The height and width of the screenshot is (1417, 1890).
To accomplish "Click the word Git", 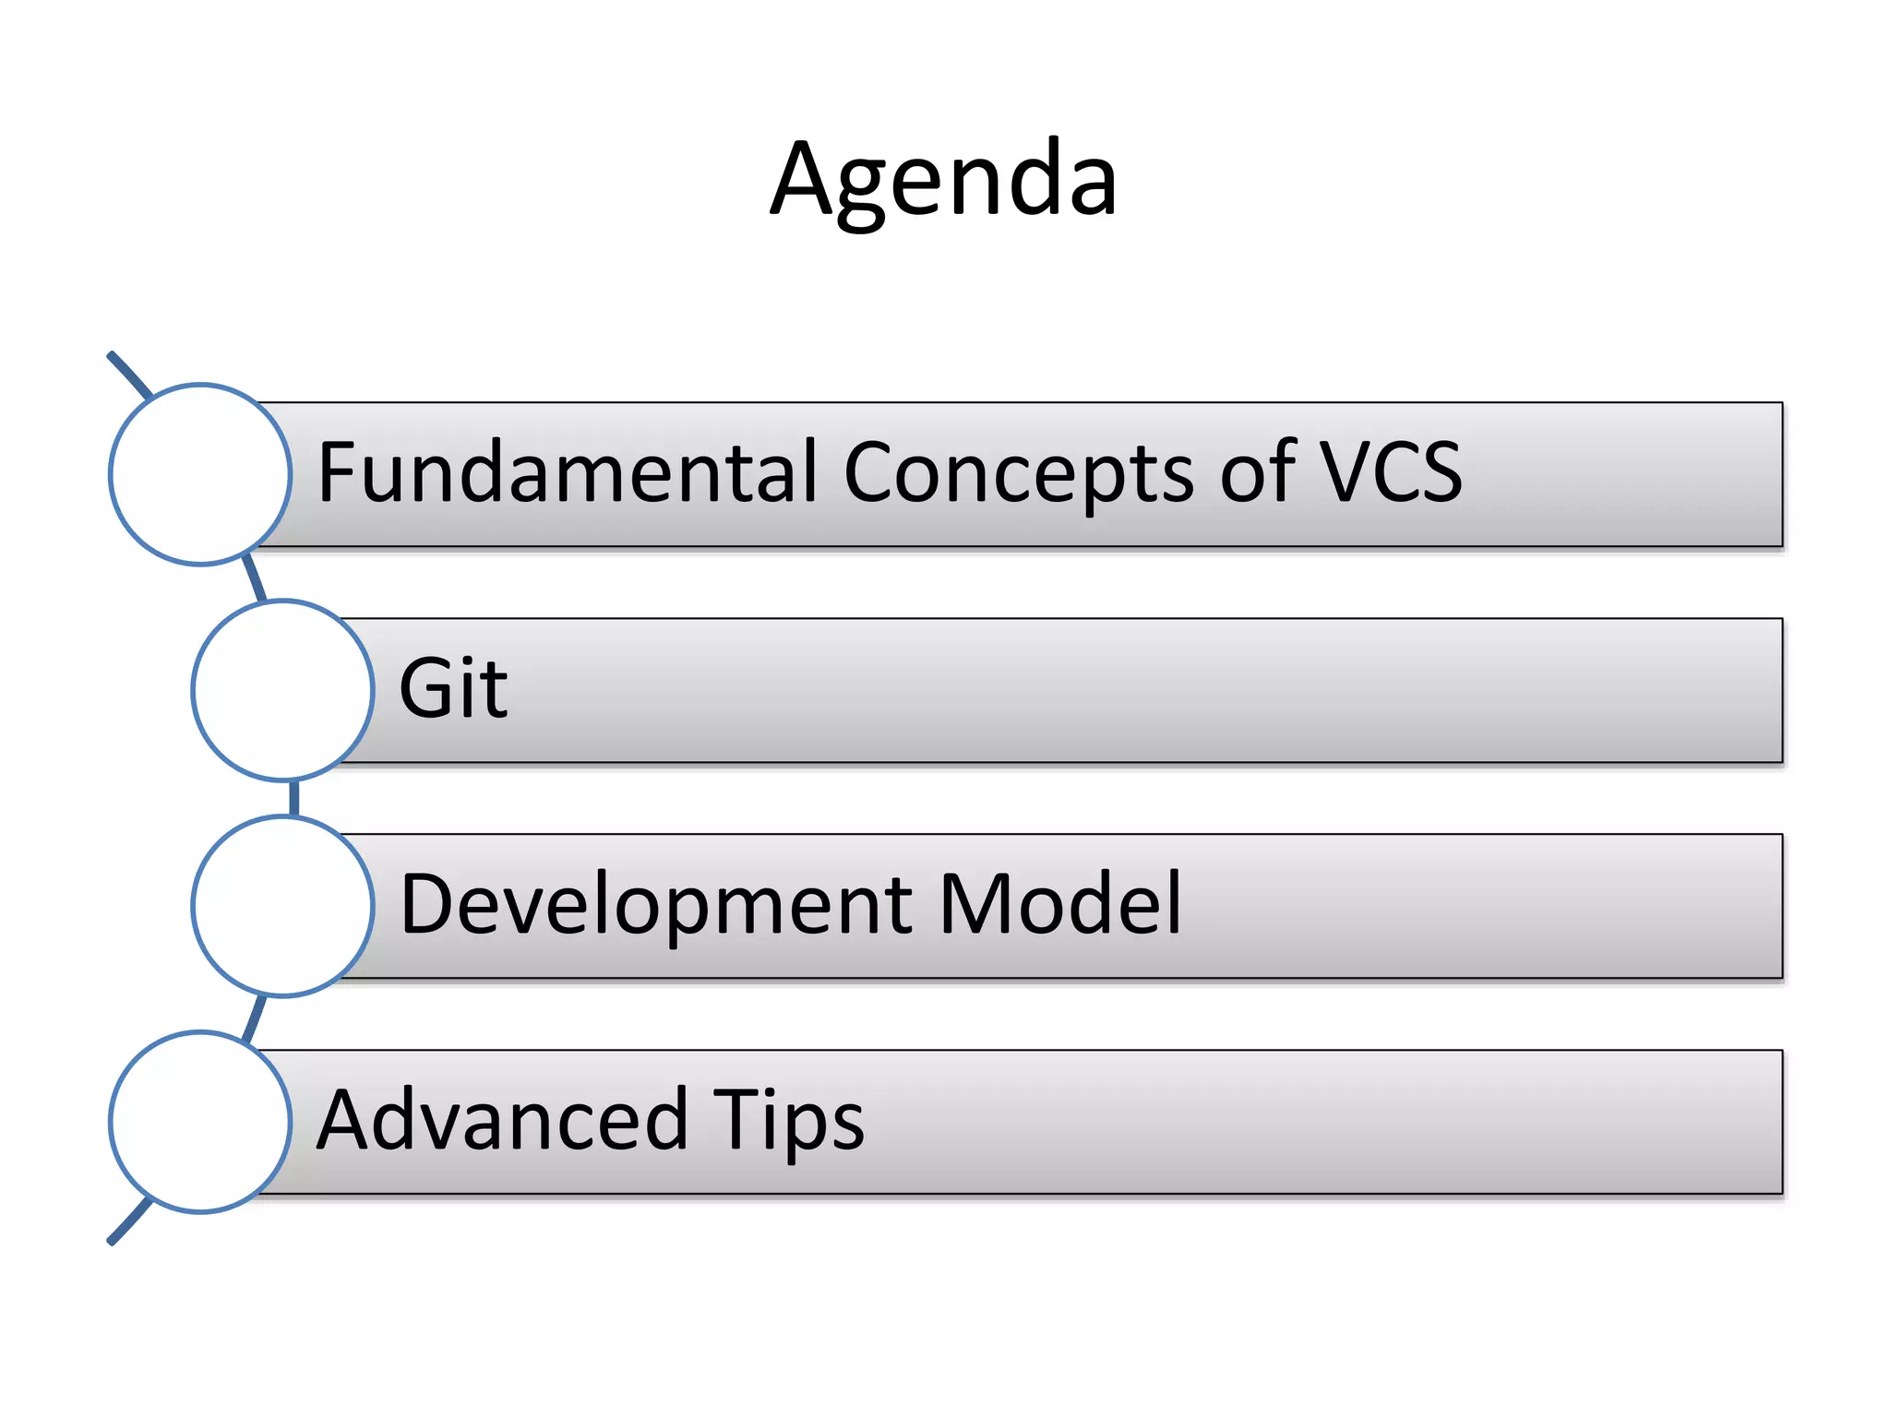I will pyautogui.click(x=452, y=688).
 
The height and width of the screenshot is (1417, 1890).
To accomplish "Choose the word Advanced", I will pyautogui.click(x=502, y=1120).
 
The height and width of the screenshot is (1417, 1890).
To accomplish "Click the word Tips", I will pyautogui.click(x=788, y=1120).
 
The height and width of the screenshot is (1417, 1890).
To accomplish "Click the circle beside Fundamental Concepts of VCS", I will pyautogui.click(x=200, y=474).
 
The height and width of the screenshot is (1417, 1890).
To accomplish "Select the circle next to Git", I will pyautogui.click(x=282, y=690).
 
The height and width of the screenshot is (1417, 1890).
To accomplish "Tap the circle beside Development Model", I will pyautogui.click(x=282, y=906).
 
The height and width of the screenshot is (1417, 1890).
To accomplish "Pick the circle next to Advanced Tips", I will pyautogui.click(x=200, y=1122).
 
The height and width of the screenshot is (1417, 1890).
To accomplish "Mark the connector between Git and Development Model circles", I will pyautogui.click(x=294, y=798).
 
